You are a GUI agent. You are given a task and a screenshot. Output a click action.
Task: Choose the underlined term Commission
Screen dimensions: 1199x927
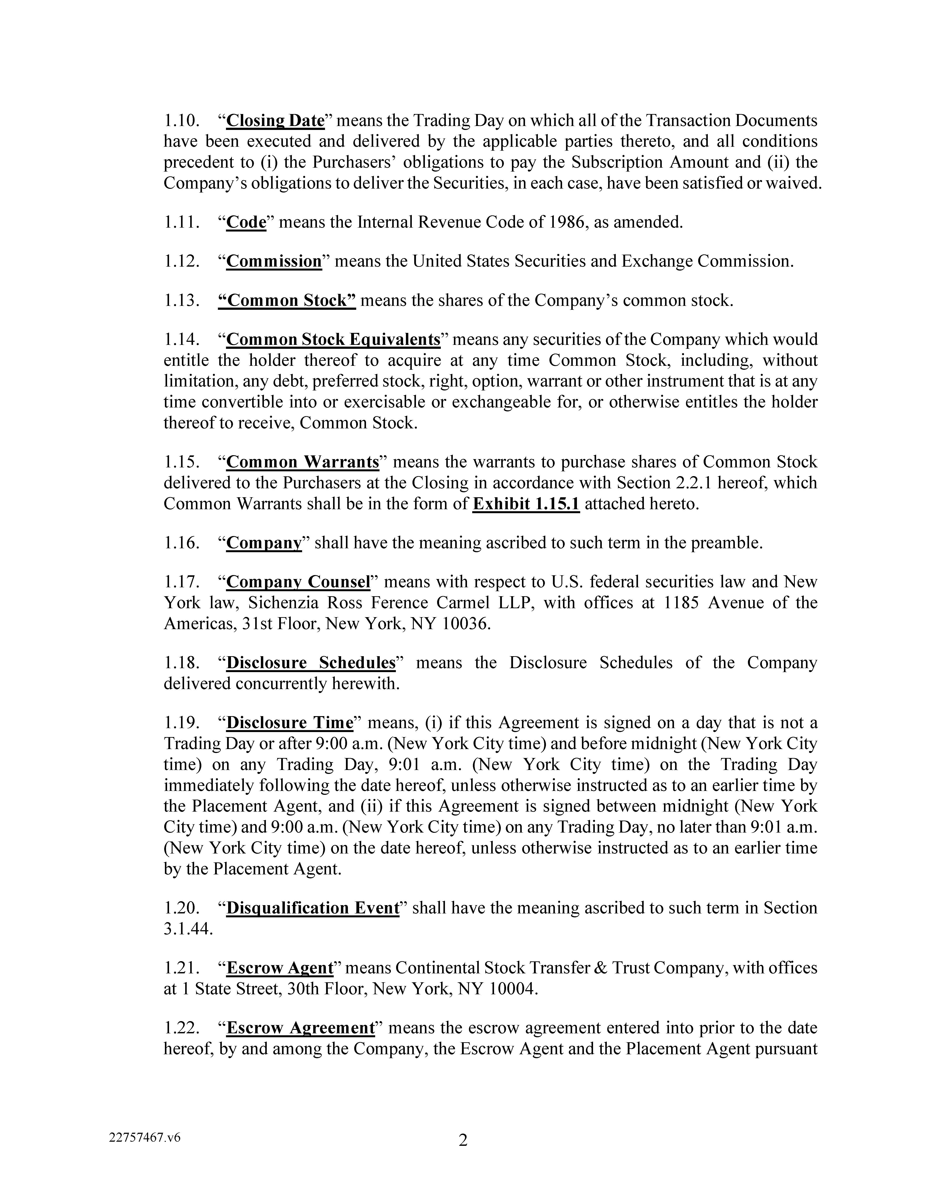coord(274,261)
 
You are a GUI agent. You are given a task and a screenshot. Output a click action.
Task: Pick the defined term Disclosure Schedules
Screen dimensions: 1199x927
coord(311,663)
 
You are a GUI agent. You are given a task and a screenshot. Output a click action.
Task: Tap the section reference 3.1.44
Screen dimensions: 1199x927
coord(187,929)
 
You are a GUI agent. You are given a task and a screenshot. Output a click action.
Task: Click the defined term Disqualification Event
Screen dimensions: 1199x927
coord(313,908)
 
